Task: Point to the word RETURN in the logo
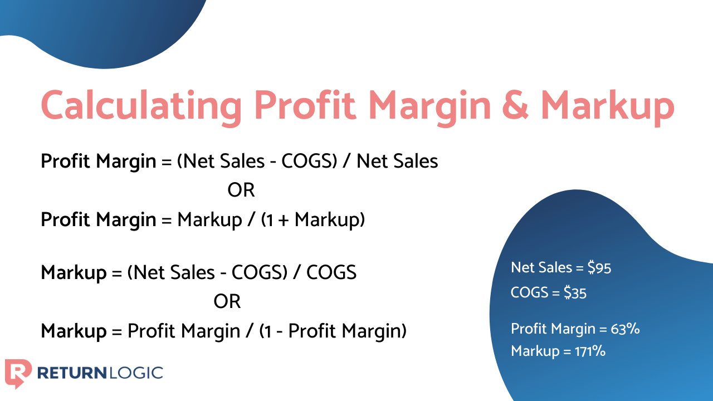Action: pyautogui.click(x=73, y=372)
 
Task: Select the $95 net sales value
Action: pyautogui.click(x=599, y=268)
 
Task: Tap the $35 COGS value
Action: pyautogui.click(x=575, y=293)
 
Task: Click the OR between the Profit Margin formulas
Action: pyautogui.click(x=241, y=190)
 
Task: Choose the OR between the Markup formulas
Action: pyautogui.click(x=227, y=302)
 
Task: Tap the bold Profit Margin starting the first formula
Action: pyautogui.click(x=99, y=162)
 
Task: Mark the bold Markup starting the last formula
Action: pyautogui.click(x=74, y=331)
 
